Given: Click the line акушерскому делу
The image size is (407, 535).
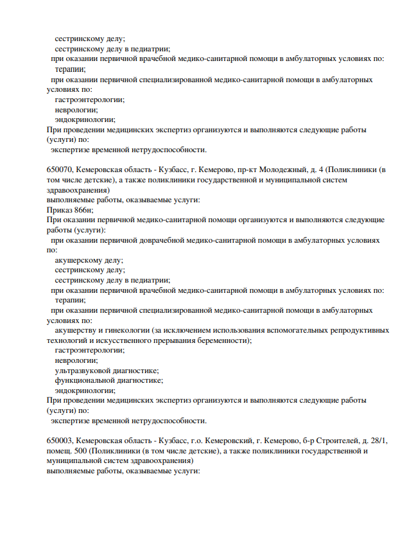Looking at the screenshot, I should (x=89, y=260).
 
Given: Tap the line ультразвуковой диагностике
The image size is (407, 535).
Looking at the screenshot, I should (x=107, y=371).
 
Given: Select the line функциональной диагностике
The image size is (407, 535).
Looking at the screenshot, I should (x=109, y=380).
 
